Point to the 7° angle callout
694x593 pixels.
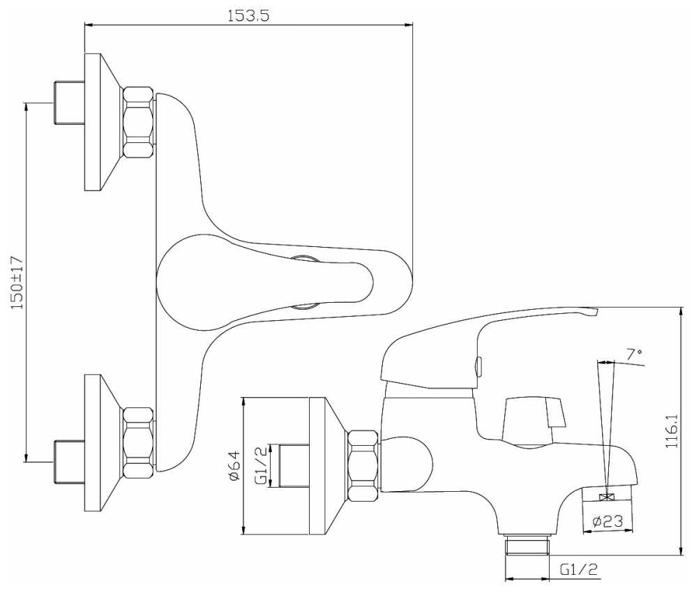634,354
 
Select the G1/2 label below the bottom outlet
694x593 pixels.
579,570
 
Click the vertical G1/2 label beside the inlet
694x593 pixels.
260,467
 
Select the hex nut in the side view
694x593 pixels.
363,466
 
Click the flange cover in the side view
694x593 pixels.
326,466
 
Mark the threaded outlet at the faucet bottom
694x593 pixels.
527,545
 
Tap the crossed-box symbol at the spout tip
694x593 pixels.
606,497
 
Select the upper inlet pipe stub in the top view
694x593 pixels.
68,103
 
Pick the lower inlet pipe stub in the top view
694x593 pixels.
68,461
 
